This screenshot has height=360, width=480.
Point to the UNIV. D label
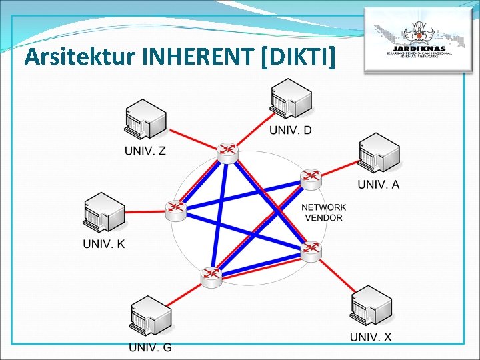tap(290, 130)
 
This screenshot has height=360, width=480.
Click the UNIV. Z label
tap(145, 151)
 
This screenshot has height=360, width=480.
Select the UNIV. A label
tap(379, 185)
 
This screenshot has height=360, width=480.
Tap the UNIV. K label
tap(103, 244)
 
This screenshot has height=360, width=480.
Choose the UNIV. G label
tap(151, 347)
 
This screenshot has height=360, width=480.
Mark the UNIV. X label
tap(371, 337)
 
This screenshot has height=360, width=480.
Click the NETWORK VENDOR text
tap(324, 212)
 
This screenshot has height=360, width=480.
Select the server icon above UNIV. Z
tap(145, 120)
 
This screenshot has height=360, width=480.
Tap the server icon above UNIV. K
tap(104, 213)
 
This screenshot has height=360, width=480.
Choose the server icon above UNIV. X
tap(371, 306)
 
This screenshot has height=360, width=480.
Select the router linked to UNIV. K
tap(176, 209)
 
